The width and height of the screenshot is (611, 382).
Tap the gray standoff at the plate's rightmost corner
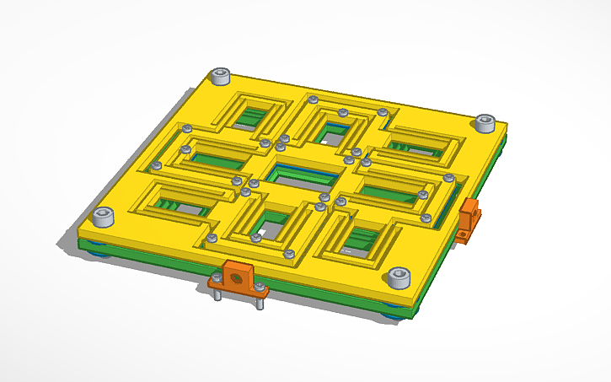[x=485, y=123]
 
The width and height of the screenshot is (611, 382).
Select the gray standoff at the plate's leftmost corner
[x=103, y=217]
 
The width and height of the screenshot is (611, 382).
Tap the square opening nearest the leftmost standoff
[x=183, y=202]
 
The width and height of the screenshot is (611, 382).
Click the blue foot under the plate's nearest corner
[x=394, y=315]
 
